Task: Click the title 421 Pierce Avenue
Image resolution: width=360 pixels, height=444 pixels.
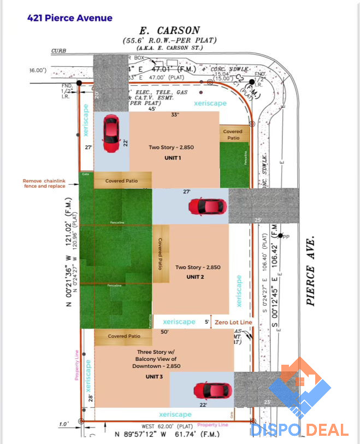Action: [70, 18]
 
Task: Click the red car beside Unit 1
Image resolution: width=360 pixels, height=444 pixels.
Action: [111, 134]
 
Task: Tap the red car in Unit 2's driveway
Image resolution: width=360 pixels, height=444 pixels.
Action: [208, 206]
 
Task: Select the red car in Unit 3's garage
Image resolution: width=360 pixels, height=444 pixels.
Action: [212, 390]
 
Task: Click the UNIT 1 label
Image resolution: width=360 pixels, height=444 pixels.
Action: [173, 158]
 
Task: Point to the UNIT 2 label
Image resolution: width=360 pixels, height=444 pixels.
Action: [195, 277]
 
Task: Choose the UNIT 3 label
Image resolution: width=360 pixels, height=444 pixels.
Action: [154, 377]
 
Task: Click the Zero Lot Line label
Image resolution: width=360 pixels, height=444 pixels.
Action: [233, 323]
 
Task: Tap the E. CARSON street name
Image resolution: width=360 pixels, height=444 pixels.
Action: [170, 31]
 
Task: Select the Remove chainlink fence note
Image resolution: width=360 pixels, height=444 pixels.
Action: [44, 184]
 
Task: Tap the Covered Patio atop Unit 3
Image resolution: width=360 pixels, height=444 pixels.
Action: [124, 336]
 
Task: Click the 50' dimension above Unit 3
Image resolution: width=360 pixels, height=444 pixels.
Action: [164, 331]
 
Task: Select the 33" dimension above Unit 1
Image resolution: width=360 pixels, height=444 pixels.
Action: [174, 115]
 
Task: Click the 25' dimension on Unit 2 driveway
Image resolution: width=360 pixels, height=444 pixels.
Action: [258, 220]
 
